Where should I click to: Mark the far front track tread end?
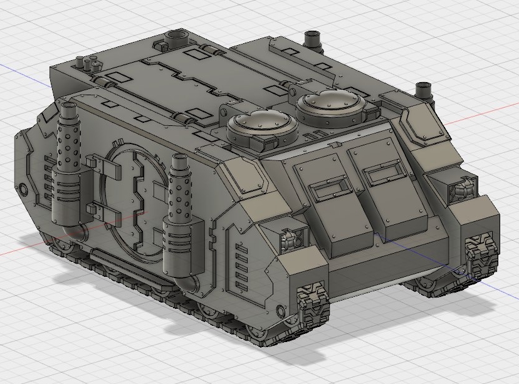480,254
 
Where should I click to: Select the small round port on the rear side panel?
23,188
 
